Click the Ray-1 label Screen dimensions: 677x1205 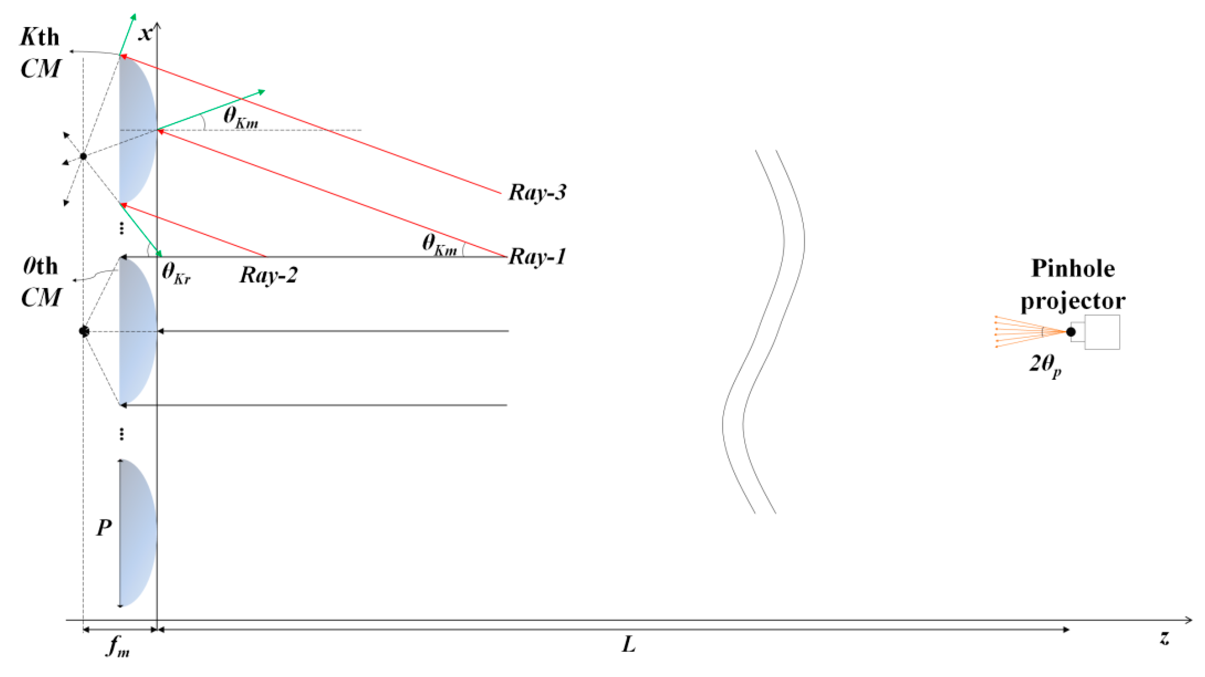tap(537, 257)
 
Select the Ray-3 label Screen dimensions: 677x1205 tap(537, 192)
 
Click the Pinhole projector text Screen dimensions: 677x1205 tap(1073, 284)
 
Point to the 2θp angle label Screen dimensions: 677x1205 tap(1045, 365)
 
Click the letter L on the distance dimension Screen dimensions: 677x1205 tap(629, 645)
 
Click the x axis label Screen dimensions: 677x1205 tap(146, 34)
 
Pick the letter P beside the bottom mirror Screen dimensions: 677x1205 tap(104, 528)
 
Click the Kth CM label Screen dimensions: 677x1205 tap(40, 52)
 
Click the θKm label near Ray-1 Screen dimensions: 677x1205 tap(439, 244)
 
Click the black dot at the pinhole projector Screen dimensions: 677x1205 tap(1071, 332)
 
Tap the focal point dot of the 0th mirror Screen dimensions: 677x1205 tap(84, 331)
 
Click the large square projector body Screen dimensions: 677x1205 tap(1102, 332)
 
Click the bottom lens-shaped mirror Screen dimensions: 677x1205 tap(137, 533)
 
